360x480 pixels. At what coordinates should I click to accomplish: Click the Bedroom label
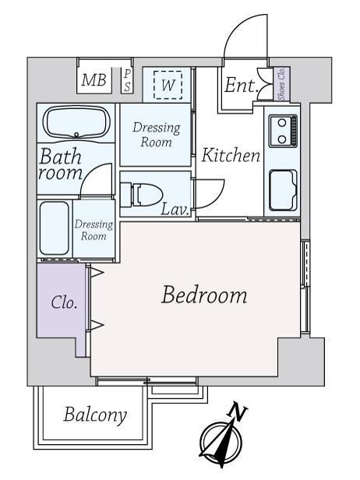pos(204,295)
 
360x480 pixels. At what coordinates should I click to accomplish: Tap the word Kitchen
pos(231,155)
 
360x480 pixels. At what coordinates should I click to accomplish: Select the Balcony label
pos(95,415)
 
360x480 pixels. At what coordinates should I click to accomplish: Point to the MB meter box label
pos(94,79)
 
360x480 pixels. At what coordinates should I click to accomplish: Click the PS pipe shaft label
pos(127,80)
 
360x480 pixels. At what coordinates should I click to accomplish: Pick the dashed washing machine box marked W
pos(168,85)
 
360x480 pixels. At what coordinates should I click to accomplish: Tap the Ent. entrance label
pos(242,86)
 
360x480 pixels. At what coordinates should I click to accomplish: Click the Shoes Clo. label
pos(281,83)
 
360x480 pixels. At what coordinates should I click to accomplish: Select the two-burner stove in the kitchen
pos(283,131)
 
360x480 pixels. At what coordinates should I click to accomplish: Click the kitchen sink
pos(283,190)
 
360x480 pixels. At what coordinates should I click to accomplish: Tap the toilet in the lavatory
pos(142,195)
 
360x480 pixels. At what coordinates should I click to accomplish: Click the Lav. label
pos(175,210)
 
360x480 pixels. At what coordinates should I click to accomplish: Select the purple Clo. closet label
pos(64,302)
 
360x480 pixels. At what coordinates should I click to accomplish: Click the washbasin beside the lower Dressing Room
pos(55,228)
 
